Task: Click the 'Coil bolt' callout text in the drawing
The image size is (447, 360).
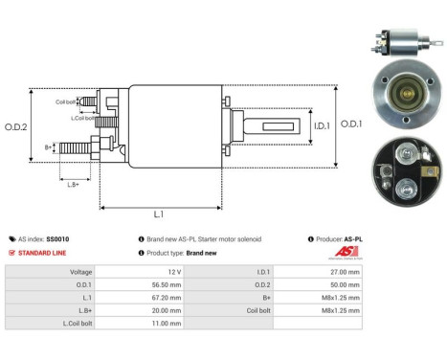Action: coord(65,101)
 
